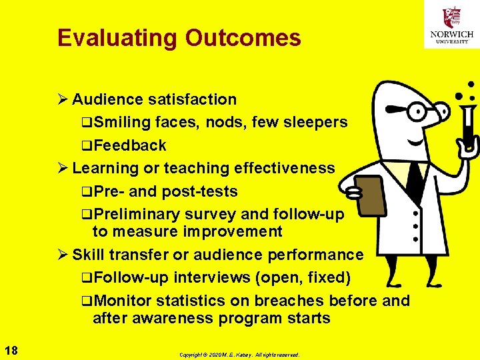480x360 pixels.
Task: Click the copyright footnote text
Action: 239,355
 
